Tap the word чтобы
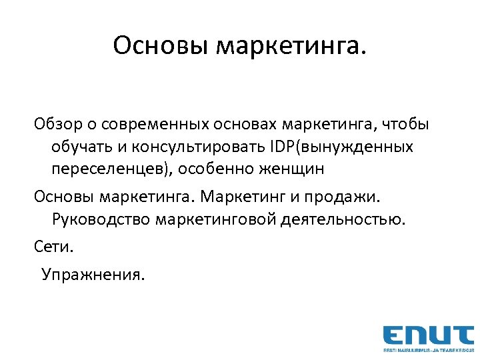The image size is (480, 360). coord(404,124)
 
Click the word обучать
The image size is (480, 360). coord(81,147)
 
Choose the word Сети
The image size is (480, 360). coord(55,247)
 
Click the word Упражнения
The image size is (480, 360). coord(92,275)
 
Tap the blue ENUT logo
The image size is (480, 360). coord(427,335)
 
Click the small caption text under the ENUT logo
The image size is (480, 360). coord(427,349)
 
